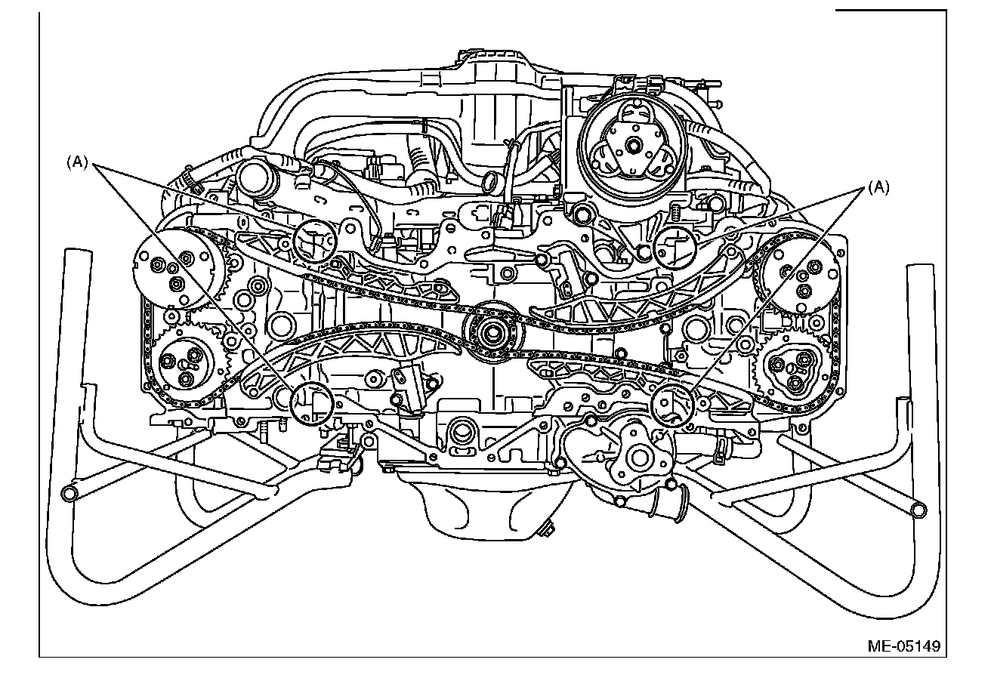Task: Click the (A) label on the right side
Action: pyautogui.click(x=878, y=188)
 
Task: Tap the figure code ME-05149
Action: pyautogui.click(x=903, y=646)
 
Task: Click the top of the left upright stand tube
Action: pyautogui.click(x=76, y=254)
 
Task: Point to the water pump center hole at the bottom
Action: pyautogui.click(x=639, y=457)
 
